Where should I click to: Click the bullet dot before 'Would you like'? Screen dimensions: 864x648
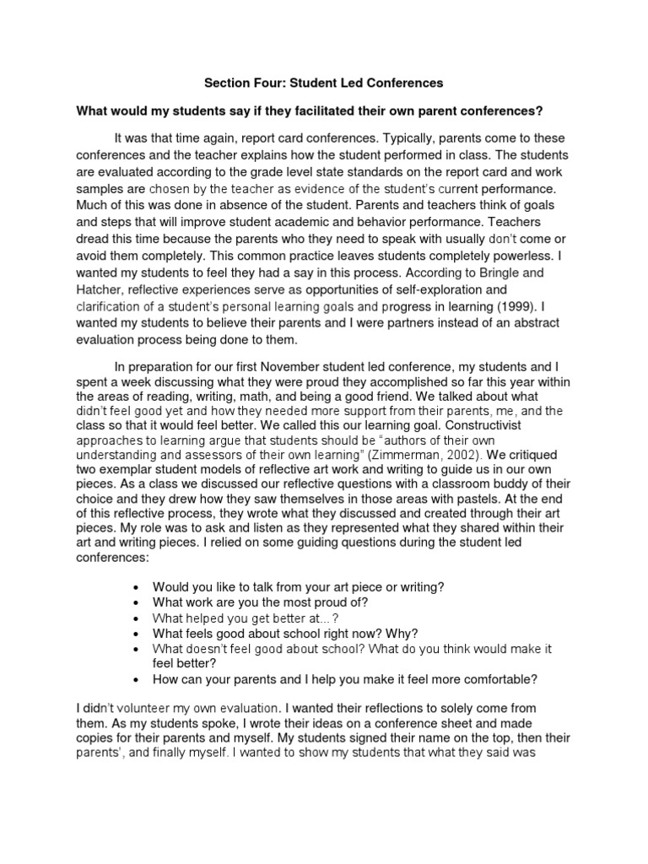click(137, 586)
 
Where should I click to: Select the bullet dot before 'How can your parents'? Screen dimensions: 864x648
click(137, 678)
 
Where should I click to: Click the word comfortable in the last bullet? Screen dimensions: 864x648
click(496, 678)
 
